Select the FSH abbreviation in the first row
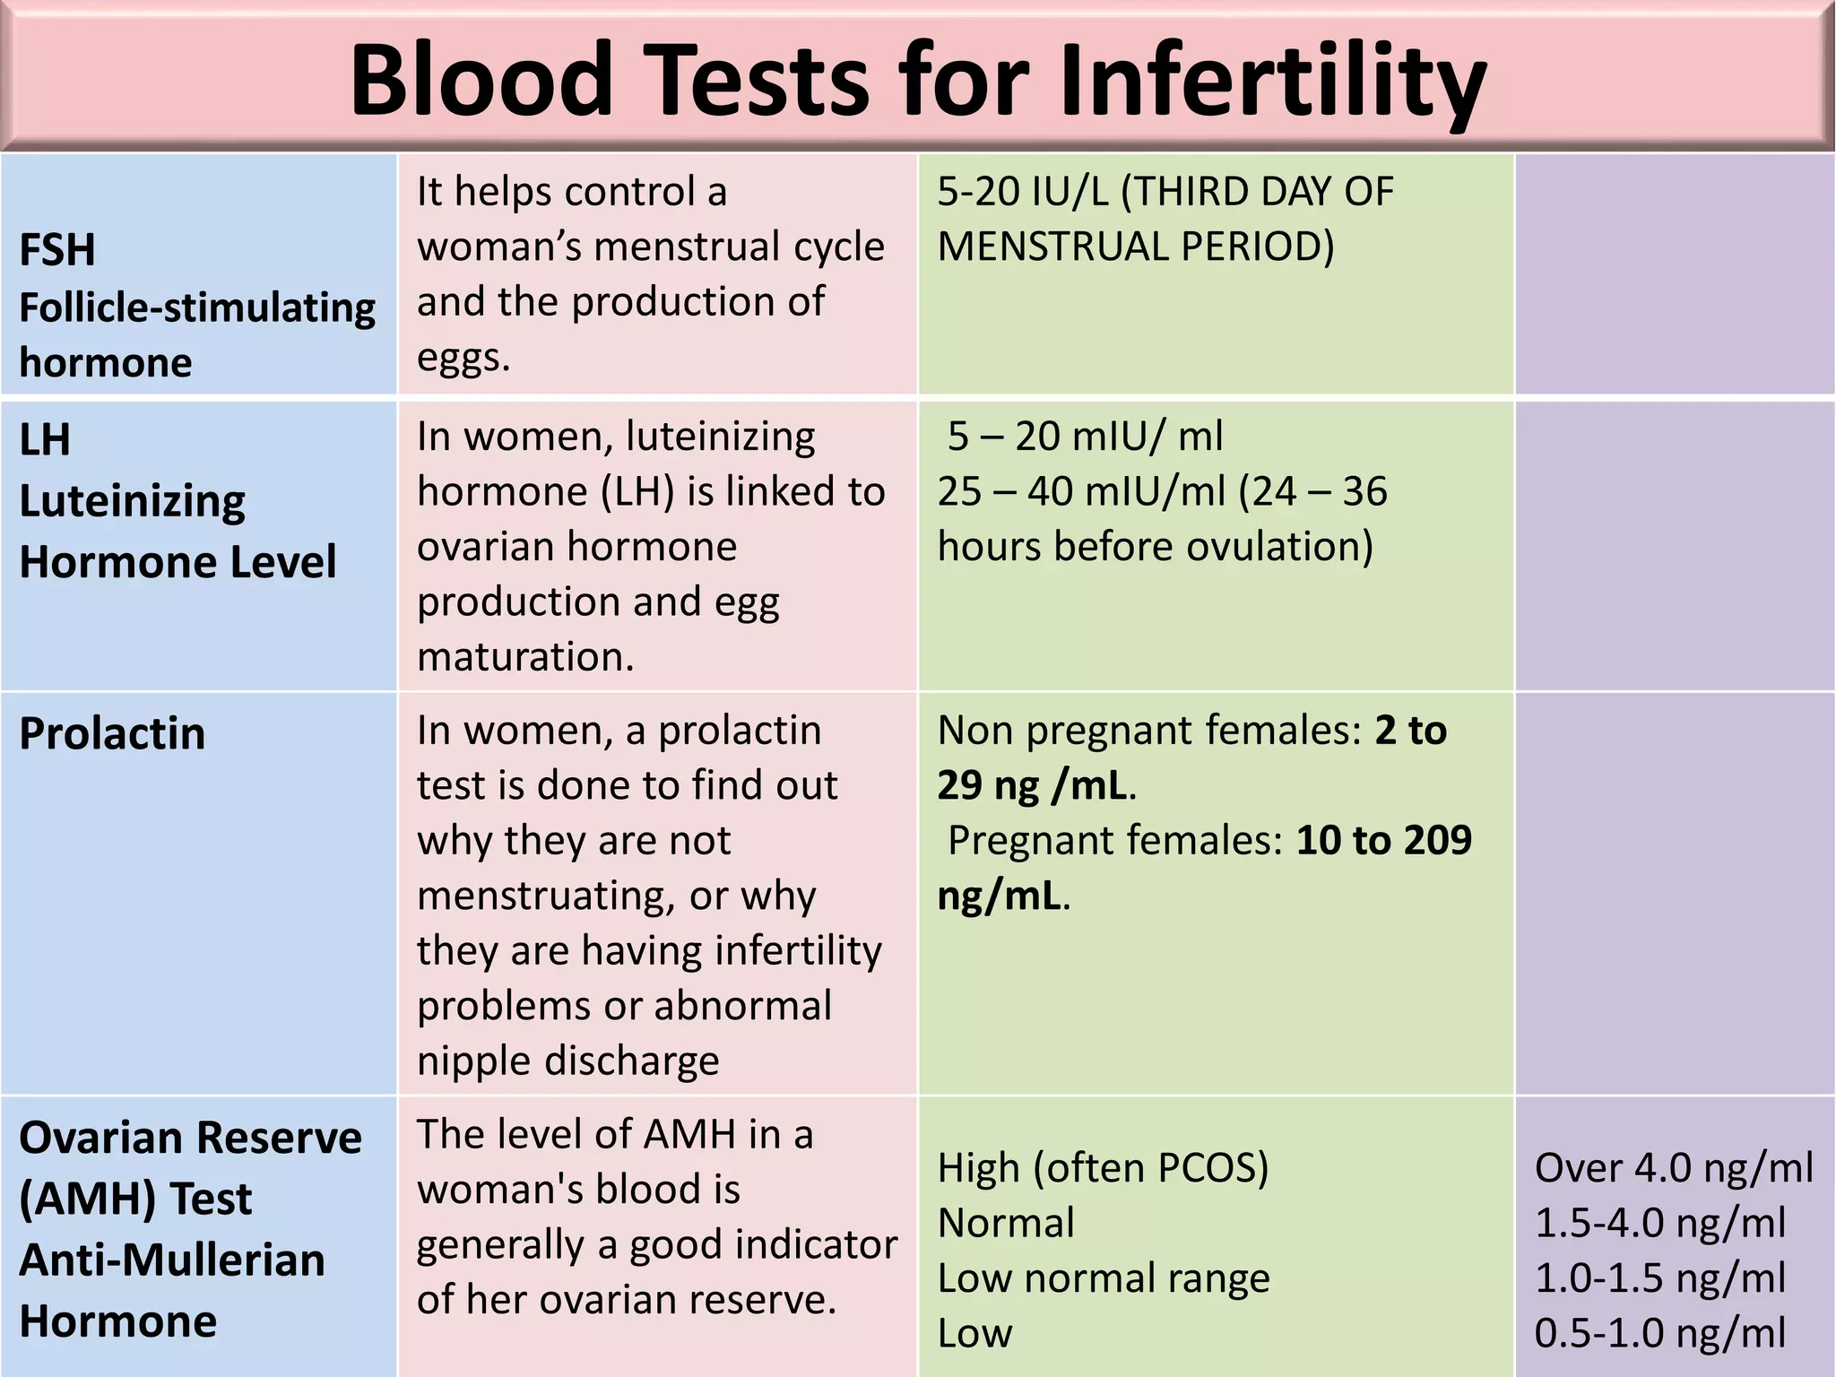57,250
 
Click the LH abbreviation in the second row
45,440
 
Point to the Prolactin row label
112,733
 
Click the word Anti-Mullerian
172,1260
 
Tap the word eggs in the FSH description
463,358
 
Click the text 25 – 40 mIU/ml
1081,491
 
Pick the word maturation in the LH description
525,657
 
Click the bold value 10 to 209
1383,840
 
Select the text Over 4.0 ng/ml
1674,1168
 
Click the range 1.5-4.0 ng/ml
1660,1223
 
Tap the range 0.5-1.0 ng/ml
1660,1333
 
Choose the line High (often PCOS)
1103,1168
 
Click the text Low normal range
1103,1278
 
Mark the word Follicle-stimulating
197,307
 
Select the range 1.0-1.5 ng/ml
1660,1278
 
